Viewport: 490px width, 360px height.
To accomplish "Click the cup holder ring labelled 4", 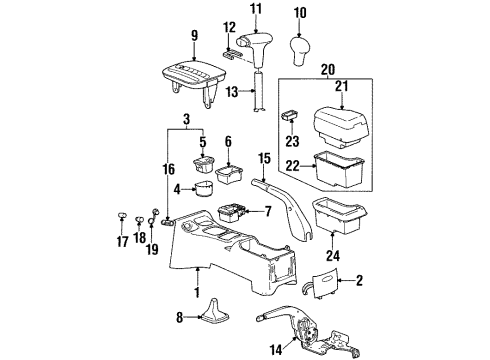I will click(x=206, y=190).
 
